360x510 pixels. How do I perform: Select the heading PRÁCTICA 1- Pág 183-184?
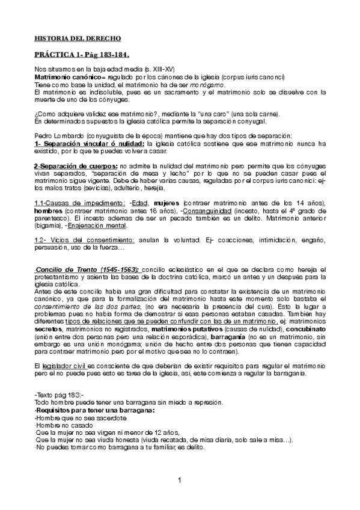82,54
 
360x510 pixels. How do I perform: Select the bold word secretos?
48,330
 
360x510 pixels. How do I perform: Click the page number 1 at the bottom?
180,479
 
